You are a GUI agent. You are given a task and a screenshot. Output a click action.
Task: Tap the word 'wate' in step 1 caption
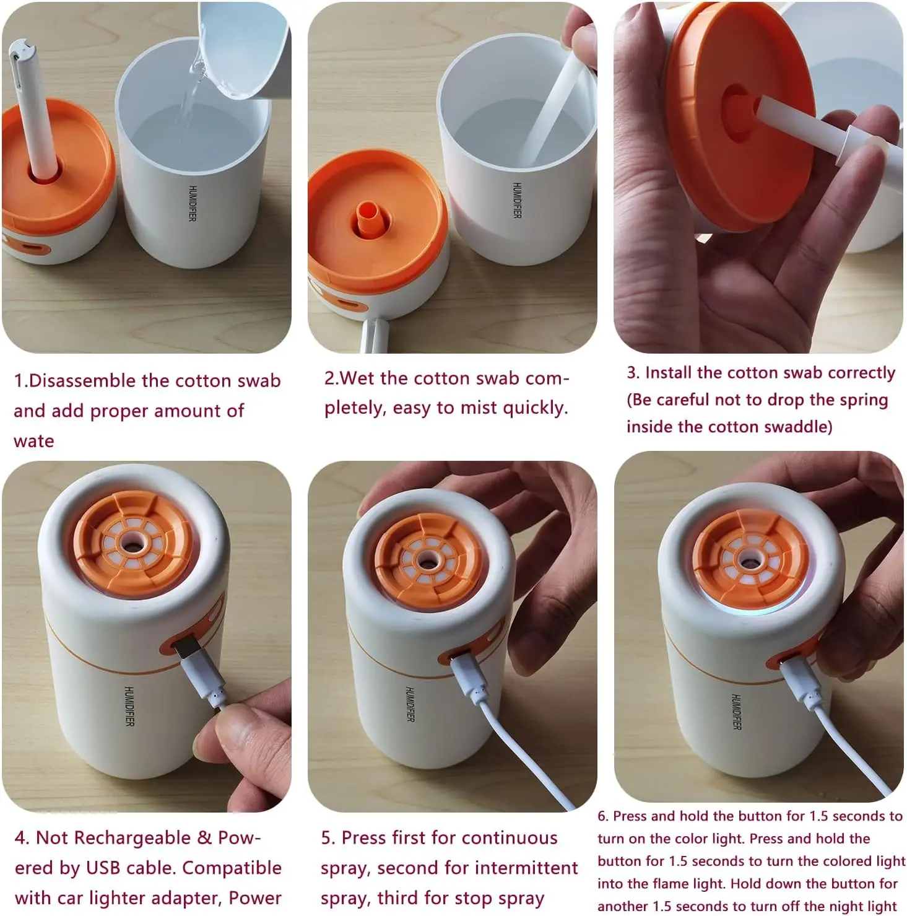[x=34, y=442]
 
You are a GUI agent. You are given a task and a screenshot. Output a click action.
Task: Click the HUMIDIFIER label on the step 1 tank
[x=193, y=203]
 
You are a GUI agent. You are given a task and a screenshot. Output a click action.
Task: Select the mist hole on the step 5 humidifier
[x=425, y=561]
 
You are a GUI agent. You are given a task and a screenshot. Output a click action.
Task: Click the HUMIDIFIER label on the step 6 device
[x=736, y=712]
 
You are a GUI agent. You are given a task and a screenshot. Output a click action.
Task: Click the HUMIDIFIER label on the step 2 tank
[x=517, y=200]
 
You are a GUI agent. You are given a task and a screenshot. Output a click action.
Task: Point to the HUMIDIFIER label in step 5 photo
[x=410, y=704]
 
